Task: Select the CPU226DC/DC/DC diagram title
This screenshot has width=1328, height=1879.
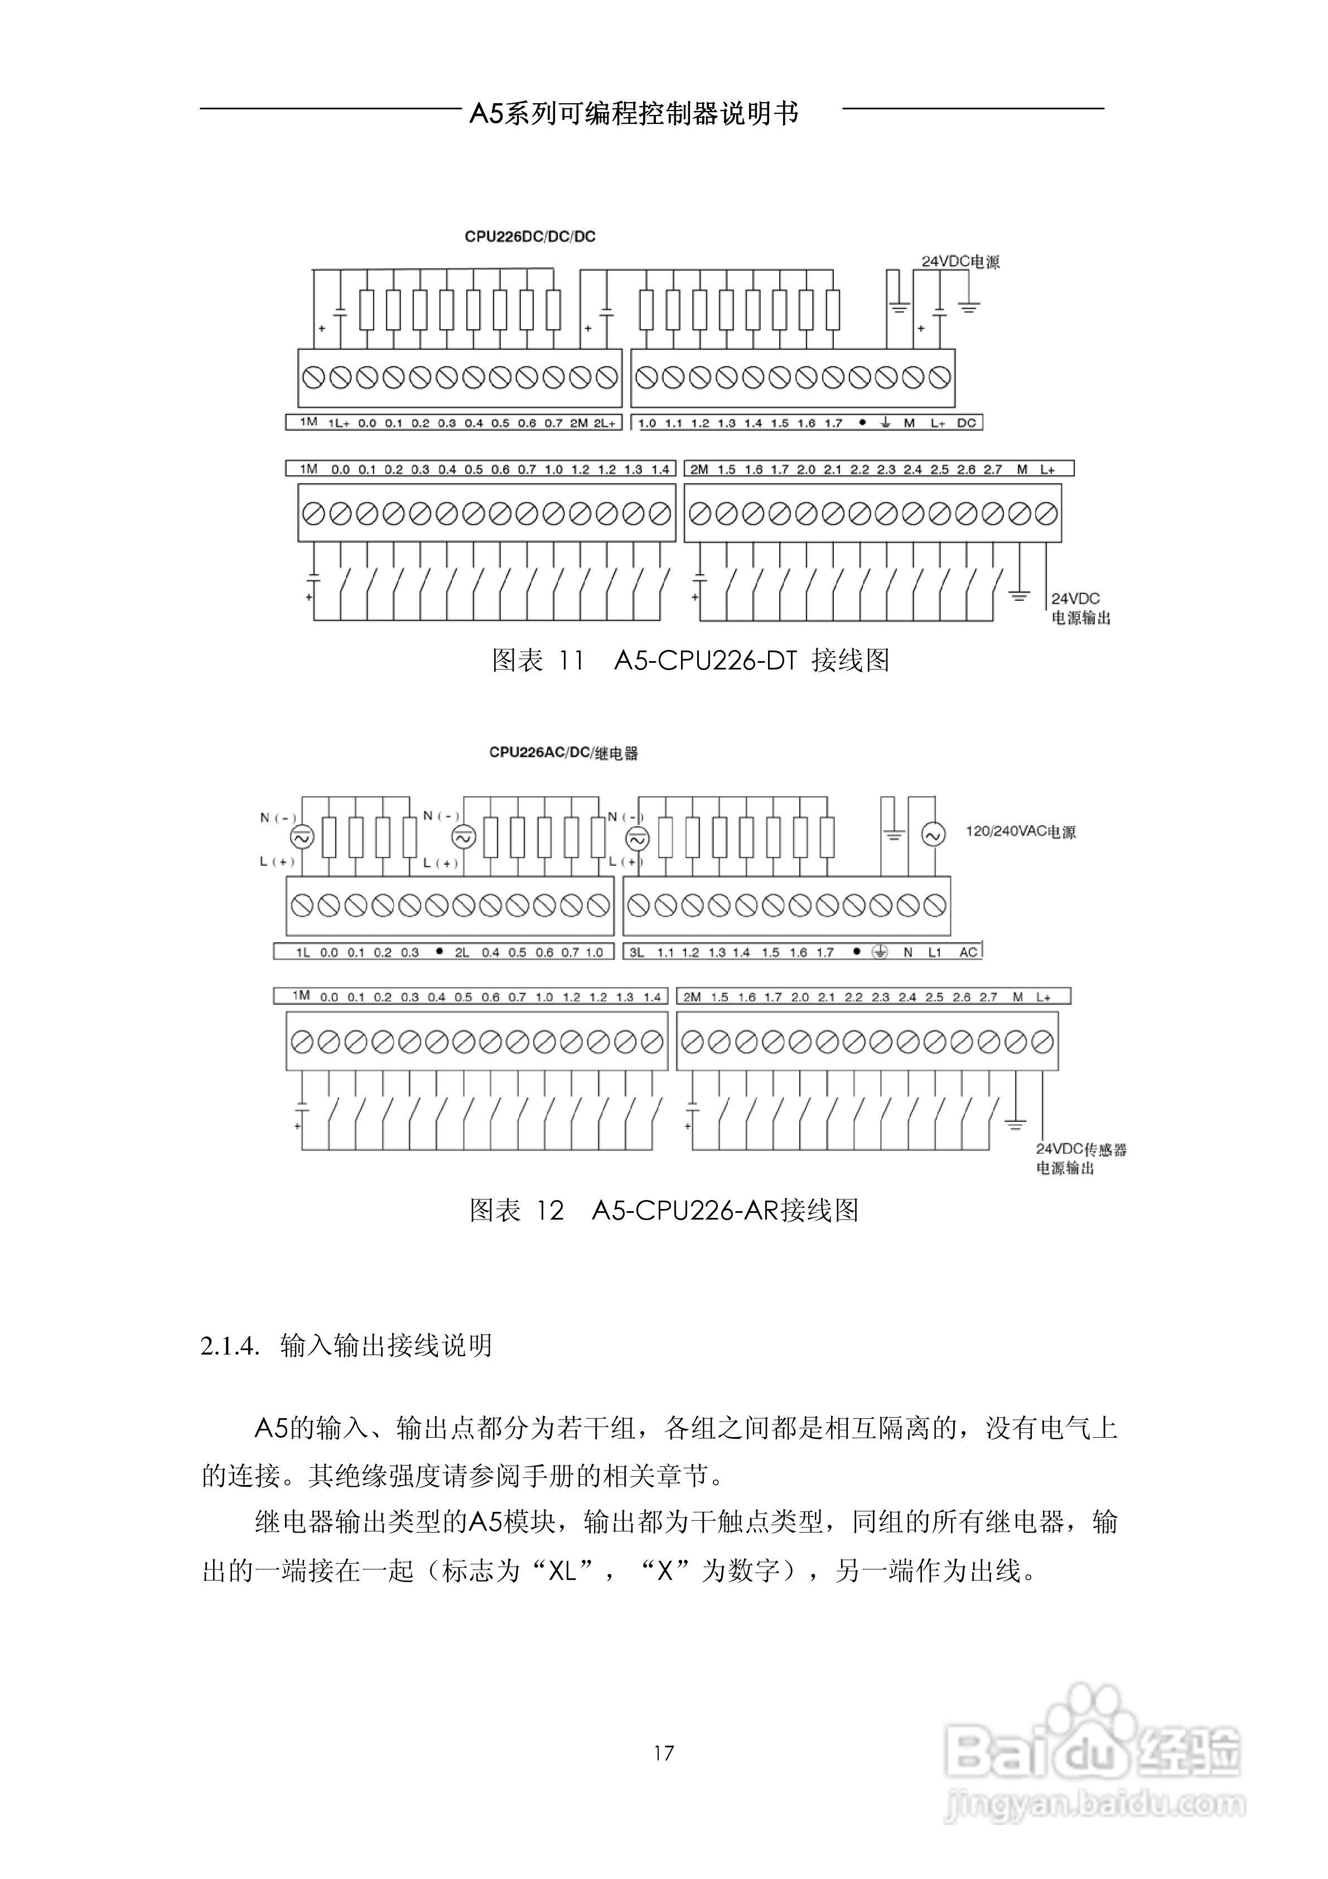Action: (x=530, y=237)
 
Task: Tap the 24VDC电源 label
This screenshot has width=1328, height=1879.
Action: (x=960, y=262)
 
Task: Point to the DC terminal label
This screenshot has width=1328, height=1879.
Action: (x=967, y=423)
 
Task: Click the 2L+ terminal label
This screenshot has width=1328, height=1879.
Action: (x=605, y=423)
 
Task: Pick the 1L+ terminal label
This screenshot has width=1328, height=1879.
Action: (x=339, y=423)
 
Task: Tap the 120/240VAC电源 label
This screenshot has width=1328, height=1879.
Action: (x=1020, y=831)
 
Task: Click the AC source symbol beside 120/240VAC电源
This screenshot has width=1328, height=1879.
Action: (x=933, y=835)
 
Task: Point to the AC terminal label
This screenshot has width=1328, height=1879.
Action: (x=968, y=952)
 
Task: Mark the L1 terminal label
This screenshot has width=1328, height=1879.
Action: (x=934, y=952)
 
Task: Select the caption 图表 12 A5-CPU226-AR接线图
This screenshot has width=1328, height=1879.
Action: (x=664, y=1210)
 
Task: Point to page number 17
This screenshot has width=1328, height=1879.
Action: (x=664, y=1752)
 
